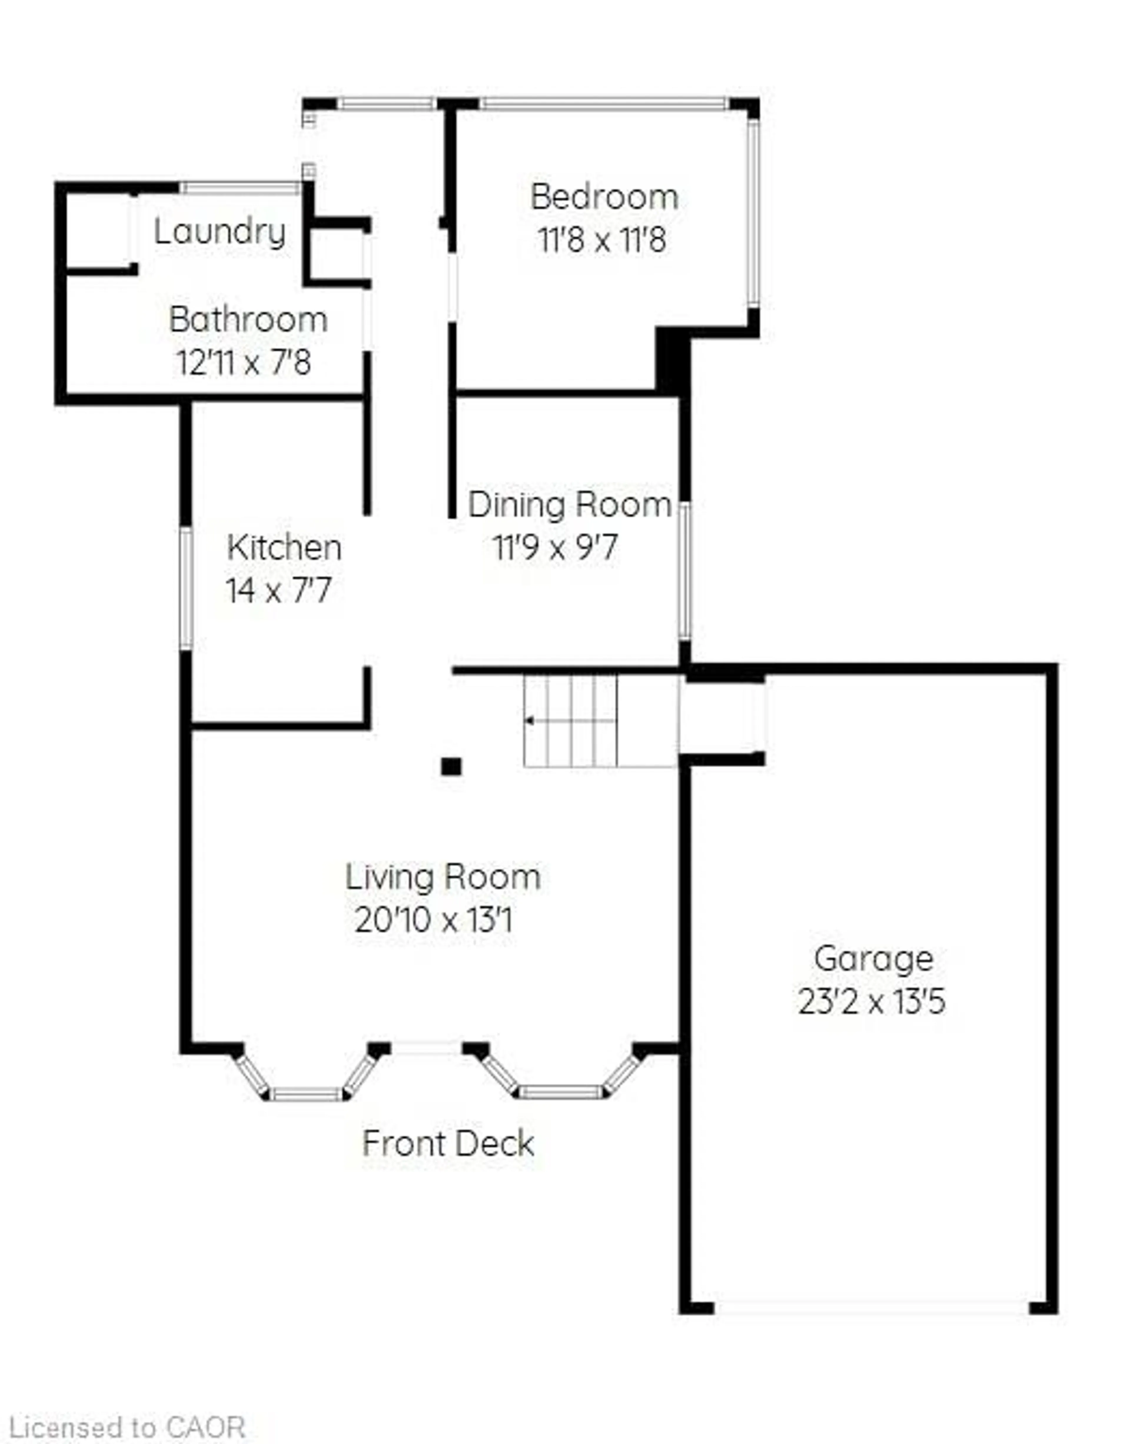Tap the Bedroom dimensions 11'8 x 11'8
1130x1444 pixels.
(602, 240)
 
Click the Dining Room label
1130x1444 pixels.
(570, 505)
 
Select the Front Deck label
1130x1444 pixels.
(448, 1144)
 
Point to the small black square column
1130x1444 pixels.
(451, 767)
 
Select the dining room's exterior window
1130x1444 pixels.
(685, 571)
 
